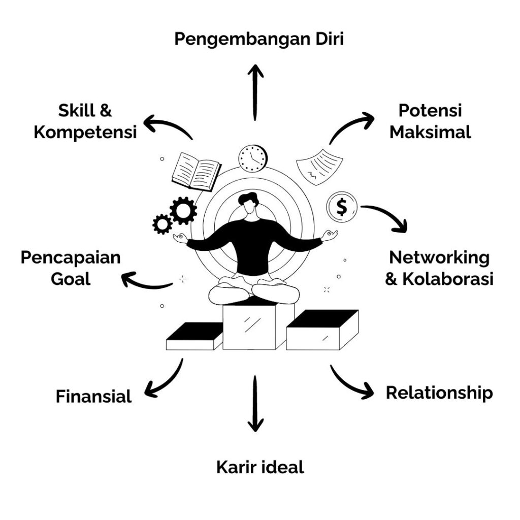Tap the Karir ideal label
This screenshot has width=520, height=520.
(260, 467)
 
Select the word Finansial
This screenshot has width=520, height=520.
(93, 396)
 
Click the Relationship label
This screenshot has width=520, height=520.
(439, 394)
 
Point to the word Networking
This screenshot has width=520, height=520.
(439, 258)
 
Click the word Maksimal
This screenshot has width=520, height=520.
(430, 132)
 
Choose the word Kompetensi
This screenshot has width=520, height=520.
(85, 133)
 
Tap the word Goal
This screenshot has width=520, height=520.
(71, 279)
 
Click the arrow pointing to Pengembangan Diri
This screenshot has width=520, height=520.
(255, 92)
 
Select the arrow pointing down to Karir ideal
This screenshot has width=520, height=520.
(255, 404)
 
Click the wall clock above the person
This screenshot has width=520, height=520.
(253, 158)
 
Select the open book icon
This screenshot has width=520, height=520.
(197, 172)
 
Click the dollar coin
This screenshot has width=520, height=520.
(342, 207)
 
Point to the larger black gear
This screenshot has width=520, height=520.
(183, 210)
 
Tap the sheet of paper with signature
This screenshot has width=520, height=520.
(319, 167)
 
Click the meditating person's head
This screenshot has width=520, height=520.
(249, 204)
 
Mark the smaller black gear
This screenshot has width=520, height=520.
(162, 224)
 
